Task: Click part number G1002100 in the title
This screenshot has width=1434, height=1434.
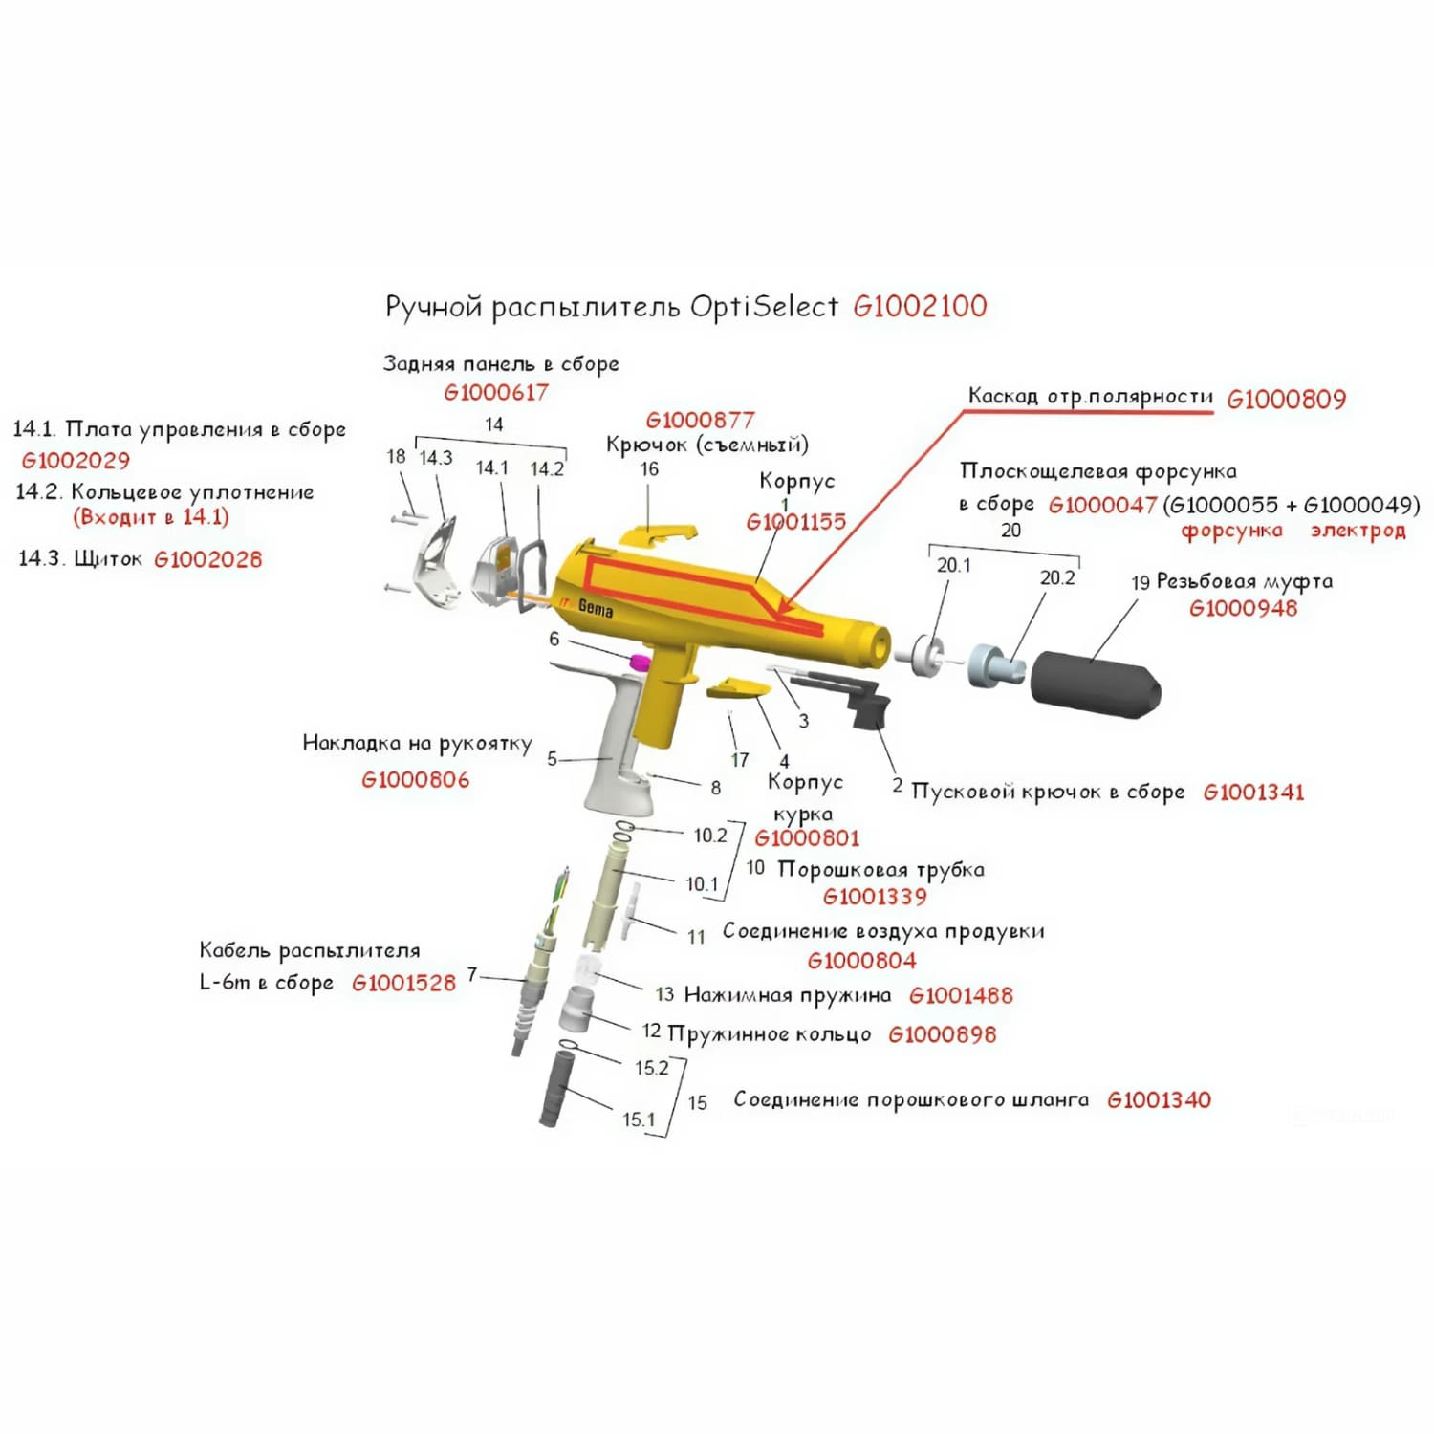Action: coord(920,307)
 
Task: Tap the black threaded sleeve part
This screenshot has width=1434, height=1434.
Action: coord(1096,684)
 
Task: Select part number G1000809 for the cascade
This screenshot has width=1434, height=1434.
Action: coord(1286,400)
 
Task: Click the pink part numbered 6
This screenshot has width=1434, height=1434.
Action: coord(639,662)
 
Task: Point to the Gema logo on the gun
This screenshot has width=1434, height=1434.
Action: coord(595,607)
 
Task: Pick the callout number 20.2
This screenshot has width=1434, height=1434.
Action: coord(1057,577)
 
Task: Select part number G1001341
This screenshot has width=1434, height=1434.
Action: coord(1253,792)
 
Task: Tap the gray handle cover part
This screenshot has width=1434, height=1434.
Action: coord(612,736)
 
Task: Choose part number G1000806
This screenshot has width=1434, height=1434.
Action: coord(415,780)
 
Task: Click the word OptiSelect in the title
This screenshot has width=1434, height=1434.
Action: coord(764,307)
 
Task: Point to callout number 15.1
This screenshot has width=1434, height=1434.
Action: coord(639,1119)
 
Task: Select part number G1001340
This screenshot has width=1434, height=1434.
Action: coord(1159,1100)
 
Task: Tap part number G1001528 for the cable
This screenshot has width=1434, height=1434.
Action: coord(403,983)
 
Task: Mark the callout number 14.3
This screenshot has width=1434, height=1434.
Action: coord(436,457)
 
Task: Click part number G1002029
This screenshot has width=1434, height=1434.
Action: coord(76,461)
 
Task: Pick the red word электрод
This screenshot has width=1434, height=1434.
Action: coord(1358,531)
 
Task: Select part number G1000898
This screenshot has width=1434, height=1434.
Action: coord(942,1034)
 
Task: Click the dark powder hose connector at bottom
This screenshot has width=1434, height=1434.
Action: coord(555,1087)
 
